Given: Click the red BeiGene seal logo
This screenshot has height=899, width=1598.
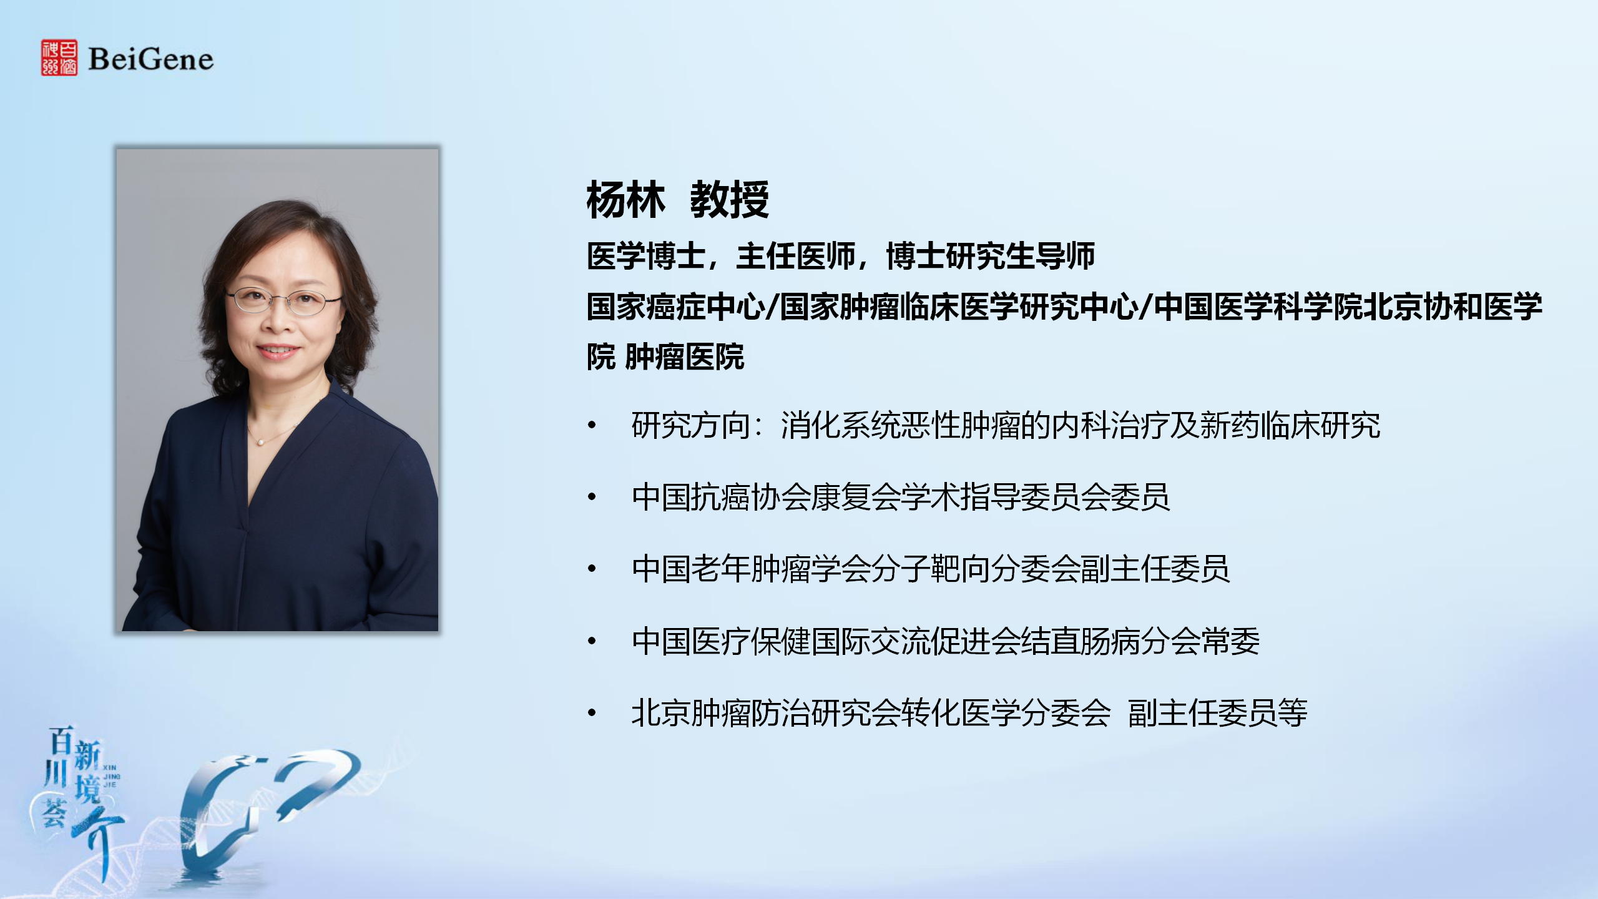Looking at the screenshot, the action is (x=59, y=58).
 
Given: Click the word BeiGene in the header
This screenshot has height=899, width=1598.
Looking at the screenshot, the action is (x=151, y=59).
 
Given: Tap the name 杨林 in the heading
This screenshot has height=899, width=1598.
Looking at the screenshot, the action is (x=625, y=200).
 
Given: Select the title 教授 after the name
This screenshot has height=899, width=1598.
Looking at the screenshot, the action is (x=729, y=200).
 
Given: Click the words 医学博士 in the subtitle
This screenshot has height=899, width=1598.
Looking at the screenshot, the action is (x=646, y=256).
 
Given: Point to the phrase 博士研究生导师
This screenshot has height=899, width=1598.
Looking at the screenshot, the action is (x=991, y=256).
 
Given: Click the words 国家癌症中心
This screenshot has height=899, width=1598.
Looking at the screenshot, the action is (x=675, y=307).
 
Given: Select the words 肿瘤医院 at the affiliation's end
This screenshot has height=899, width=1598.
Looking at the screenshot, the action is (x=685, y=357).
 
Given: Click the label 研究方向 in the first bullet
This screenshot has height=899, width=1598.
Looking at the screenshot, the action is (x=691, y=426).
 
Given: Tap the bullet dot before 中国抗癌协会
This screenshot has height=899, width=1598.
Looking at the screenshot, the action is (x=592, y=498).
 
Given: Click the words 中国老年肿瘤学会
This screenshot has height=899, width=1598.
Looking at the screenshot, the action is (x=751, y=569).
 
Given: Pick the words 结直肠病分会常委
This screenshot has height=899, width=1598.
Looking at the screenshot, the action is (x=1139, y=641).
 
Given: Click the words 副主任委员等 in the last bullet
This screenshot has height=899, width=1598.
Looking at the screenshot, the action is (x=1218, y=713).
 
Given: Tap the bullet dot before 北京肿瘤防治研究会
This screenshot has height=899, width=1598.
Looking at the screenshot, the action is (x=592, y=713).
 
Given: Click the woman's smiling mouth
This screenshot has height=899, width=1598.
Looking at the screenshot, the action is (x=279, y=351).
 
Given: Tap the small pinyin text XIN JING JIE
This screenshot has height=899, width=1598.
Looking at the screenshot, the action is (x=110, y=776).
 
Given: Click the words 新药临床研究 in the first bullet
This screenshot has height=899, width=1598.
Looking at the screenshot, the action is (x=1290, y=426).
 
